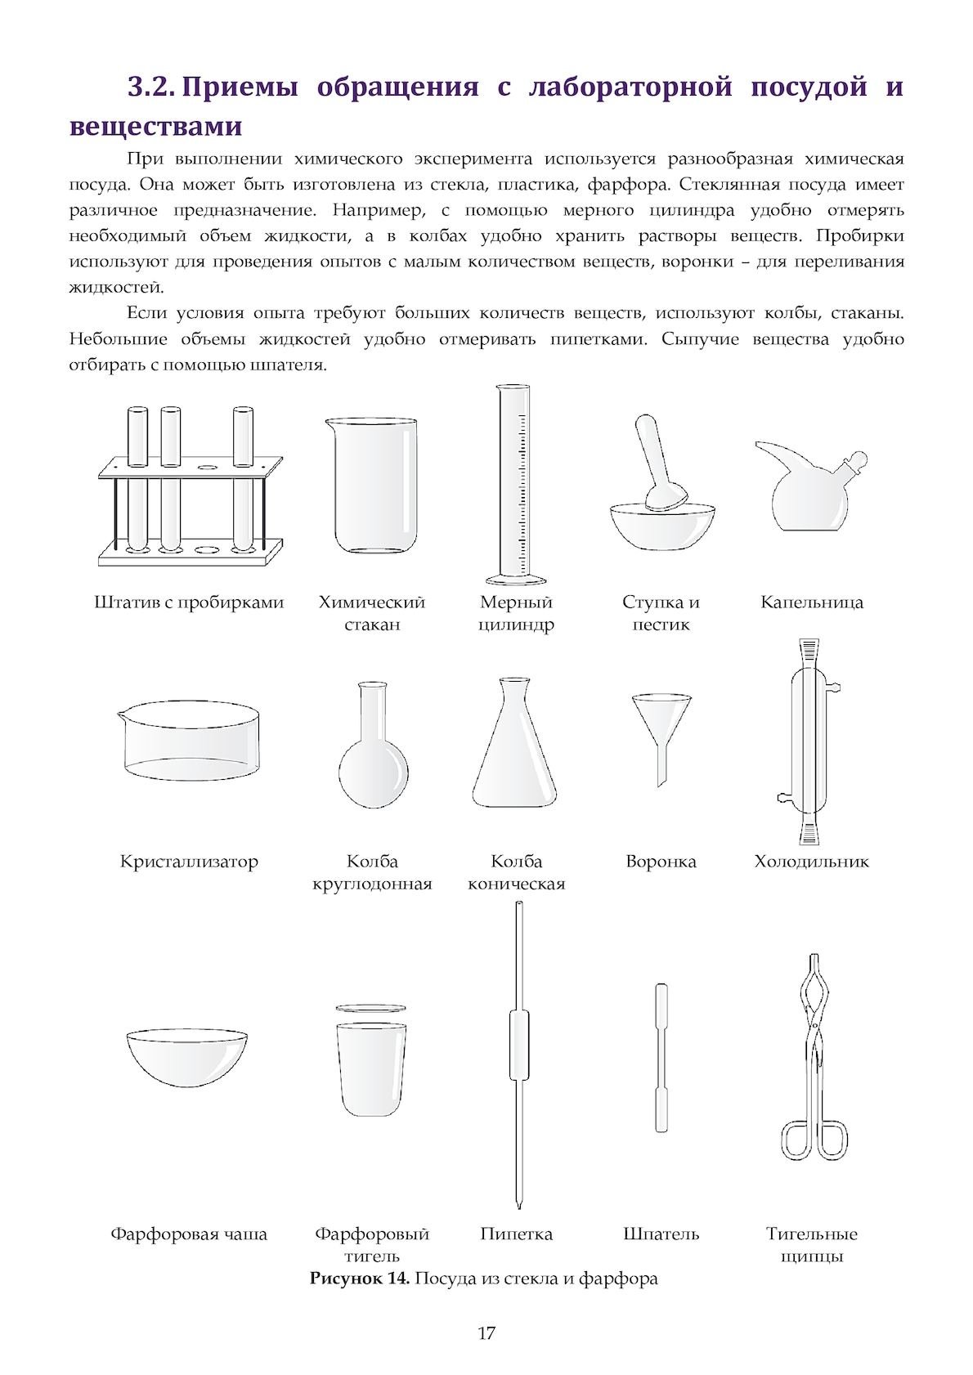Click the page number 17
486,1333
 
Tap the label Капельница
811,602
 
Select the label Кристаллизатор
189,862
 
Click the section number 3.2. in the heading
153,87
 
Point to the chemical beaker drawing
374,486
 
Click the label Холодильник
811,862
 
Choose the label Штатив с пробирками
189,602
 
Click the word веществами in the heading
155,127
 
